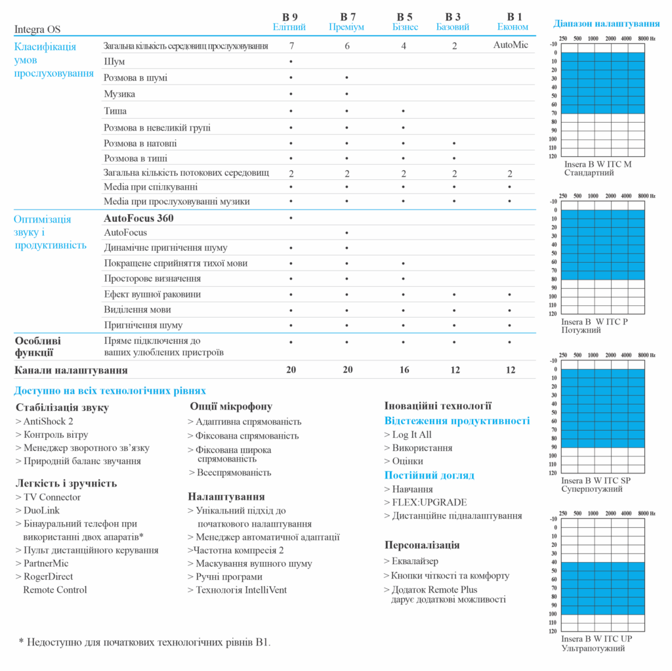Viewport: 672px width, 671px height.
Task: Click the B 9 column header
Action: (x=290, y=16)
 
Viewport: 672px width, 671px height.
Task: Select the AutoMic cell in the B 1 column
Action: (x=511, y=45)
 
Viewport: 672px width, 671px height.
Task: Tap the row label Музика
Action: (x=119, y=94)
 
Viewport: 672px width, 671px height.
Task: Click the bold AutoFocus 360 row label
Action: (x=138, y=218)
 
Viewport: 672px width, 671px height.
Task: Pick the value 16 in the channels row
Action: (x=404, y=370)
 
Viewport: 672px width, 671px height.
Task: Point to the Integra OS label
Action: (x=37, y=30)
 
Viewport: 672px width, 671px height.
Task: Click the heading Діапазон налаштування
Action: (x=606, y=24)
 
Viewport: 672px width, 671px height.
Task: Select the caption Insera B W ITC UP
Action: (x=597, y=638)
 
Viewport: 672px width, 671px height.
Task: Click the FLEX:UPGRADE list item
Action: (x=430, y=502)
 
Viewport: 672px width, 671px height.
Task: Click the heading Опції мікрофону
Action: (x=231, y=406)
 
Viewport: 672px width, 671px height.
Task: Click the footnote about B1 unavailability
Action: (x=144, y=641)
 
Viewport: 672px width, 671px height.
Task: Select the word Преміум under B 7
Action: (x=346, y=27)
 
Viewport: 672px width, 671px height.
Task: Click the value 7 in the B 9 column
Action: (x=291, y=45)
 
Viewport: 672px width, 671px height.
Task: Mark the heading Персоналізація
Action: (x=422, y=545)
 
